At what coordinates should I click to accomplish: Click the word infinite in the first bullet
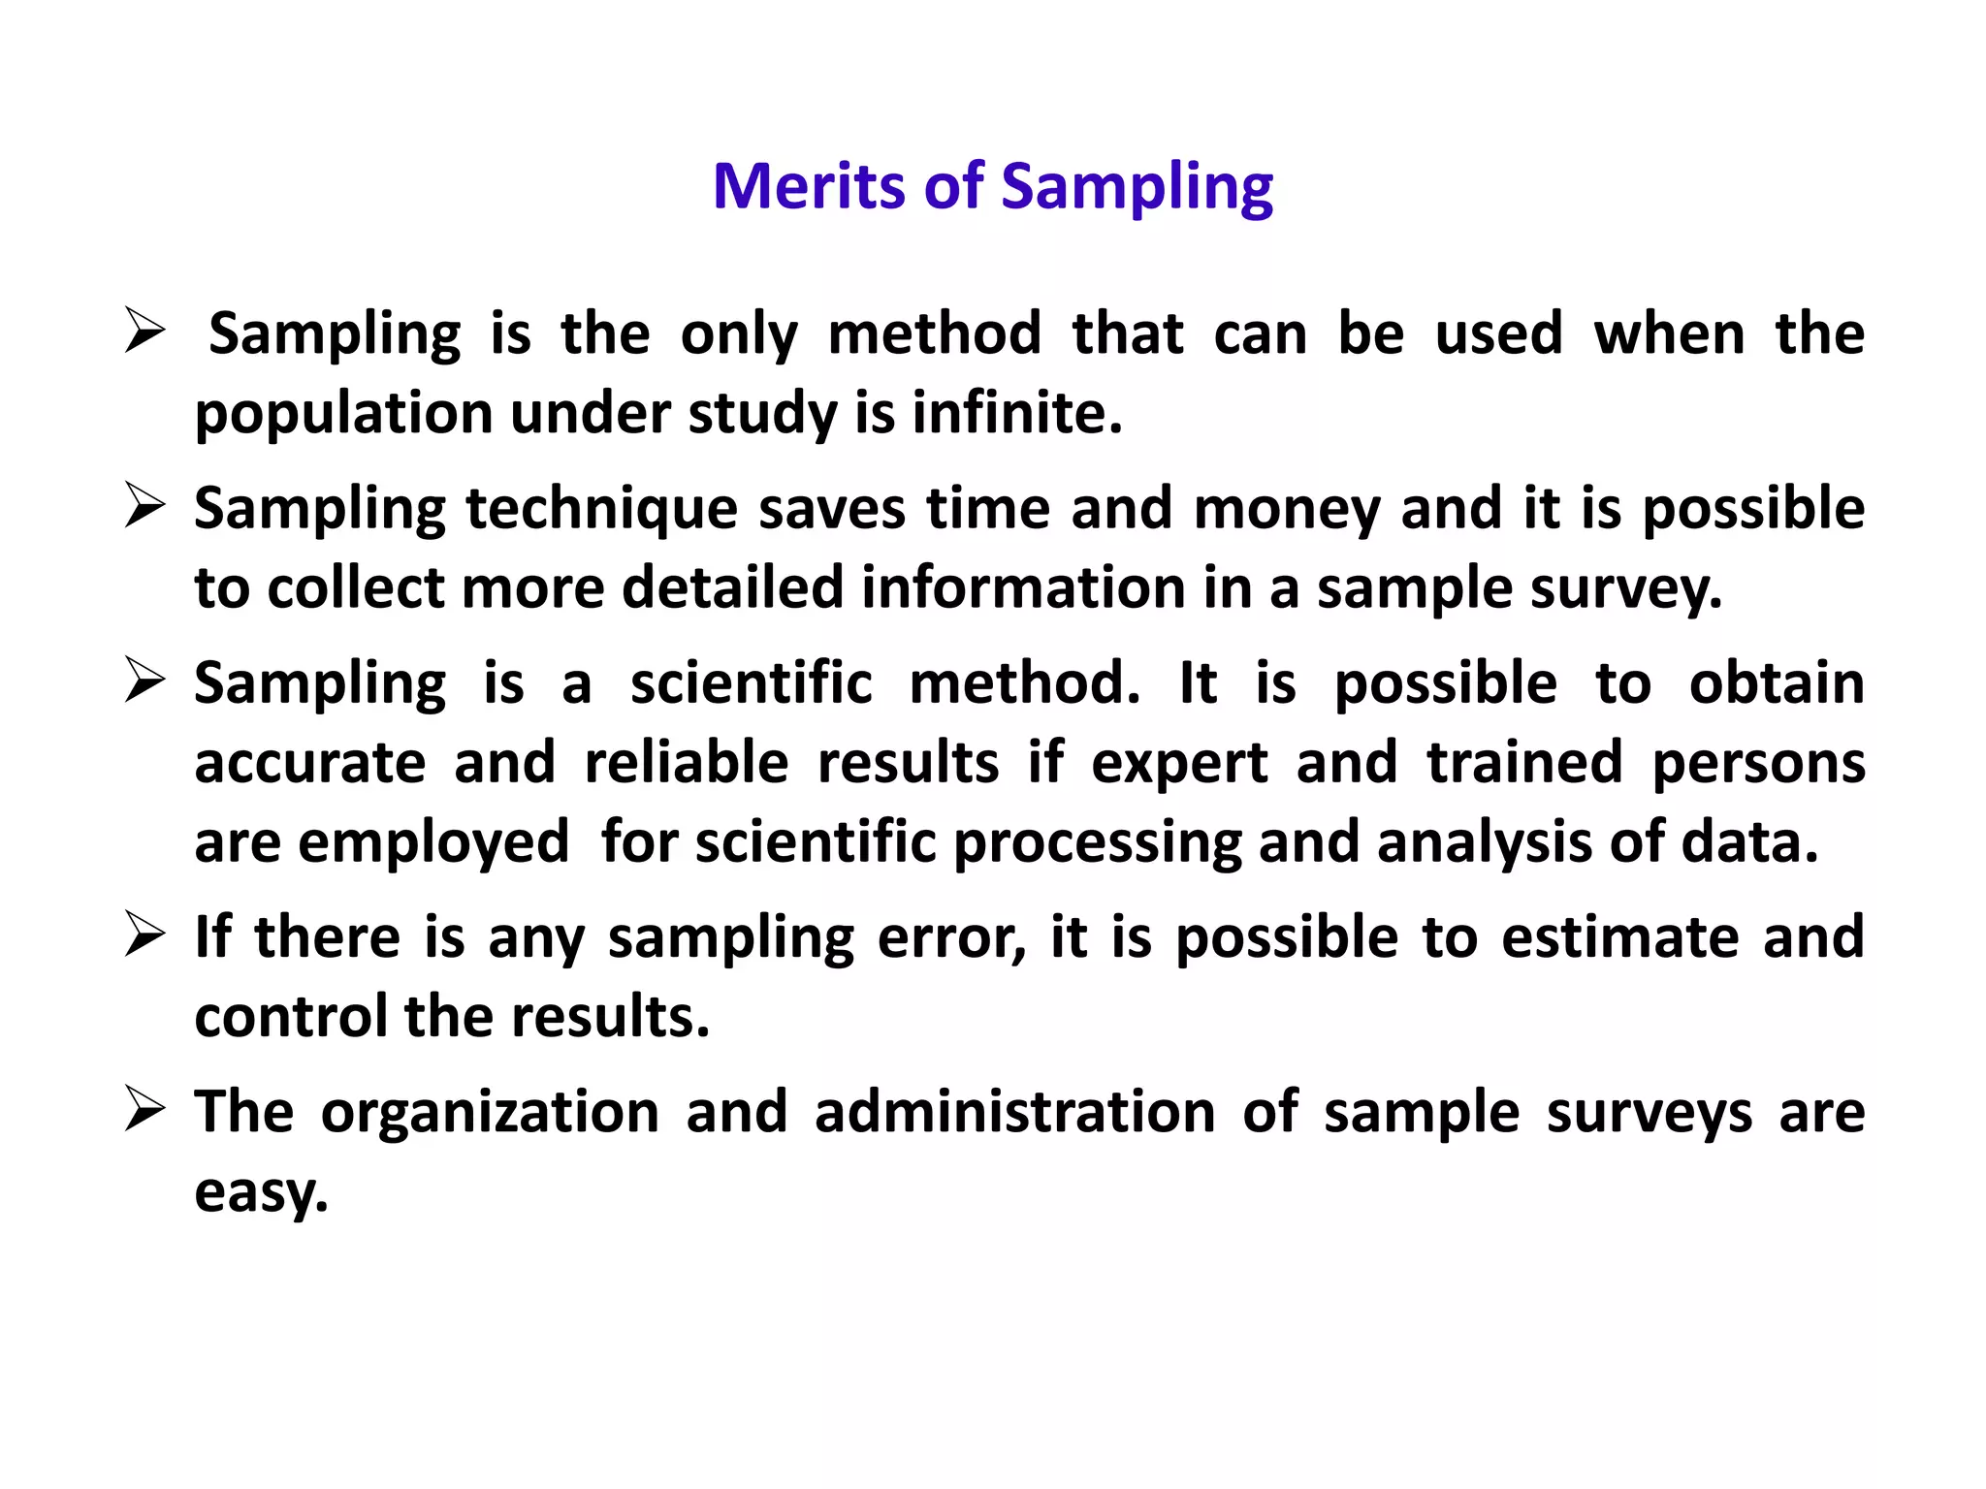pyautogui.click(x=1016, y=413)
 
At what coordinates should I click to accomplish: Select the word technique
pyautogui.click(x=601, y=510)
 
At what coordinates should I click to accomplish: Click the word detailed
pyautogui.click(x=732, y=587)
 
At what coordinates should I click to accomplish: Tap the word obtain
pyautogui.click(x=1777, y=683)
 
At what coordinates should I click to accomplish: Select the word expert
pyautogui.click(x=1179, y=764)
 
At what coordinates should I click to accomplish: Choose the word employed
pyautogui.click(x=433, y=842)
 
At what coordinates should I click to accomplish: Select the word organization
pyautogui.click(x=490, y=1113)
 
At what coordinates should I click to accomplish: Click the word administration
pyautogui.click(x=1014, y=1111)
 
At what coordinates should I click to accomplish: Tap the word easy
pyautogui.click(x=261, y=1192)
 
